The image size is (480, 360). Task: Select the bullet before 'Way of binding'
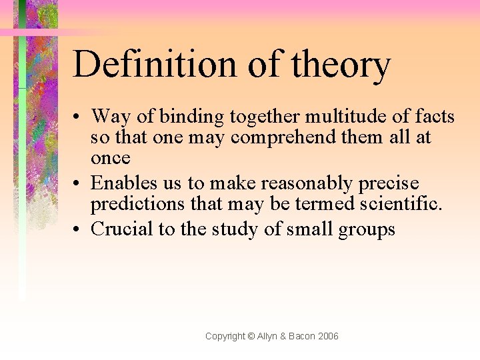[x=78, y=118]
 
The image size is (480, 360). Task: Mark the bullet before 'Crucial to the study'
[x=78, y=230]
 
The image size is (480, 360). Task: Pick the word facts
[x=434, y=117]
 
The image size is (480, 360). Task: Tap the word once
[x=111, y=158]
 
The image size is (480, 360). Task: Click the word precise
[x=390, y=183]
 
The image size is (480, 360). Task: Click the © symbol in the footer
[x=251, y=336]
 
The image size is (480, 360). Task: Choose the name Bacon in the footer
[x=303, y=336]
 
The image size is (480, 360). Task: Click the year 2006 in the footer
[x=329, y=336]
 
